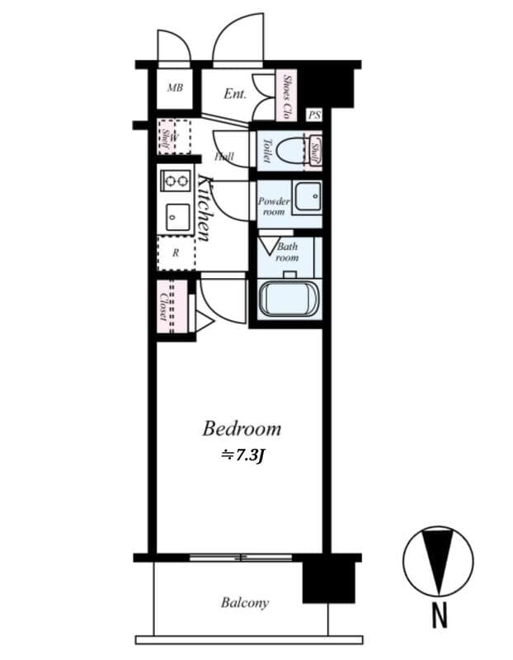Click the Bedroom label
(x=242, y=429)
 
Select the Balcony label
(x=244, y=603)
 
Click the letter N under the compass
(x=440, y=614)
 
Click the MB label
(x=175, y=88)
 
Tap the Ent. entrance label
(x=235, y=93)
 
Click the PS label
(x=313, y=116)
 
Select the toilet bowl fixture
(x=290, y=150)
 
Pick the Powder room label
(x=273, y=206)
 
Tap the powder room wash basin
(x=308, y=197)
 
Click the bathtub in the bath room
(x=288, y=299)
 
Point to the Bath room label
(x=287, y=252)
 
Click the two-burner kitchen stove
(x=176, y=179)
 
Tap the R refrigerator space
(x=176, y=253)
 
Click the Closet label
(x=164, y=306)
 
